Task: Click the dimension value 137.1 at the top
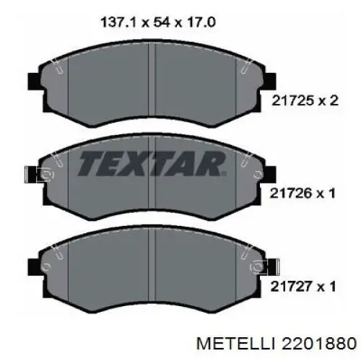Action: tap(119, 22)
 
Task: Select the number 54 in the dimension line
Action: tap(162, 22)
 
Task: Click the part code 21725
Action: tap(292, 100)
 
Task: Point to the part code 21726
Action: tap(291, 193)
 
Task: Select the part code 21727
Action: tap(291, 287)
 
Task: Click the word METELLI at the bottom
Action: tap(235, 344)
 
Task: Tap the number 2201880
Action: tap(319, 344)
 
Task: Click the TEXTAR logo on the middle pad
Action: tap(152, 164)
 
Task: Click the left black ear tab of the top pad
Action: tap(35, 81)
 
